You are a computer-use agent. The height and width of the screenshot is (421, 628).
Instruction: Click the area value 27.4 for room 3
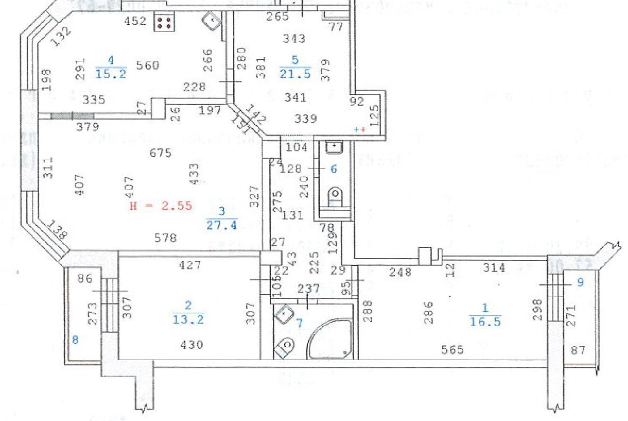coord(222,225)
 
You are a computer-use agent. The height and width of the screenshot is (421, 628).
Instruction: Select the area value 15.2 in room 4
coord(111,74)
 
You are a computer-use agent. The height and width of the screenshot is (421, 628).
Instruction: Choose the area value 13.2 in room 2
coord(188,320)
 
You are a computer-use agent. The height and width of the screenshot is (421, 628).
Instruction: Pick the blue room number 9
coord(580,283)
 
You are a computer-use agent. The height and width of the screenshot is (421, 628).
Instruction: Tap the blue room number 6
coord(333,169)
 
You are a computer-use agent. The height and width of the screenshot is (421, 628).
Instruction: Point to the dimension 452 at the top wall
coord(136,21)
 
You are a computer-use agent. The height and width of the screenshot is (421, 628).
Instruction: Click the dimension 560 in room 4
coord(148,65)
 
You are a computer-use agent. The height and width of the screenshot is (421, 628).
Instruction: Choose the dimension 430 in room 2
coord(192,345)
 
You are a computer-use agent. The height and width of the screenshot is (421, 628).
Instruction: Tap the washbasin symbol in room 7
coord(284,314)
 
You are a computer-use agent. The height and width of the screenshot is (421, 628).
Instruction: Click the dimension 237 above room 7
coord(309,288)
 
